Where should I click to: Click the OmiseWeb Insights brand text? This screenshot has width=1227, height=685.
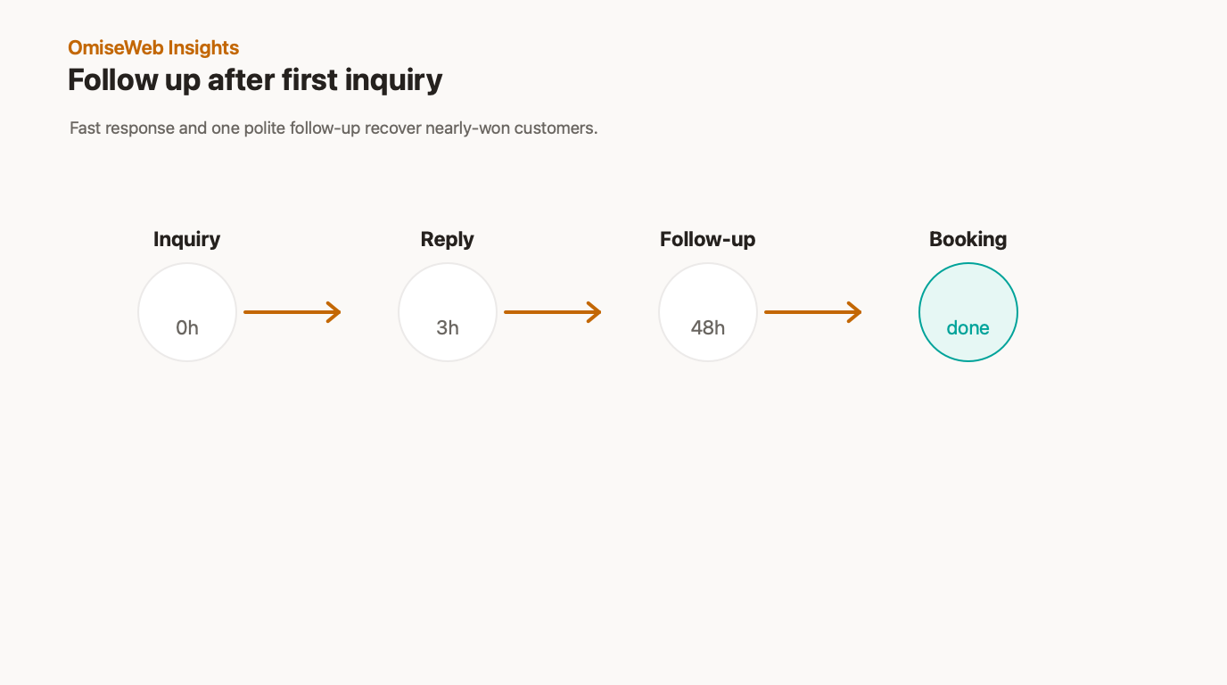153,47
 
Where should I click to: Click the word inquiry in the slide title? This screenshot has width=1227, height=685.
393,80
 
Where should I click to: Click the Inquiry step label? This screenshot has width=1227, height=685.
186,239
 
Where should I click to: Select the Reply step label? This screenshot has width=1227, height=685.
447,239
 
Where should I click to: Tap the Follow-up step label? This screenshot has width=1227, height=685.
707,239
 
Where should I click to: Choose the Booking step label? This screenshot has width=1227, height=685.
968,239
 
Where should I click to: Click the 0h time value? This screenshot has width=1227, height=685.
186,327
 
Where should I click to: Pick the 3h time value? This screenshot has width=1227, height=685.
447,327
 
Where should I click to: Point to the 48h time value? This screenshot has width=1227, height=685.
707,327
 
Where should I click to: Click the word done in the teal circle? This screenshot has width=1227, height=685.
968,327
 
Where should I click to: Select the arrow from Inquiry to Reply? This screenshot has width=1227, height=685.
292,312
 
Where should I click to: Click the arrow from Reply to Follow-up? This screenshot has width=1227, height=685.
553,312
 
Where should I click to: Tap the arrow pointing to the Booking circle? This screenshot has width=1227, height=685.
813,312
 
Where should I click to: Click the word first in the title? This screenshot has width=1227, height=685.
309,79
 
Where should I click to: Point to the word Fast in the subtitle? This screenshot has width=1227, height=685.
85,128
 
